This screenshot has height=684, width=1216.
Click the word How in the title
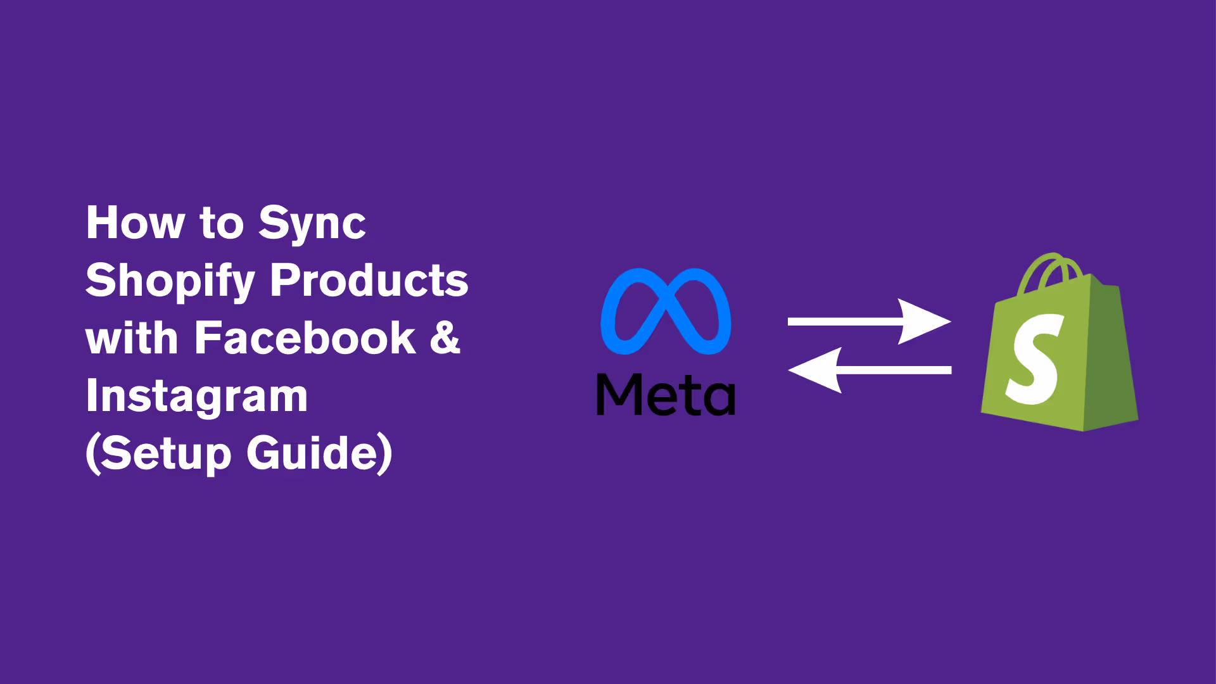(x=135, y=223)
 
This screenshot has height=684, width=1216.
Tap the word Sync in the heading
(x=312, y=224)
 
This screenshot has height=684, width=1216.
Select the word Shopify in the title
(x=170, y=281)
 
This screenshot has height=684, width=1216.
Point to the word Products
(x=369, y=280)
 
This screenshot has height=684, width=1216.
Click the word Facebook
(x=305, y=338)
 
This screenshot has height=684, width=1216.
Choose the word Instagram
(x=196, y=396)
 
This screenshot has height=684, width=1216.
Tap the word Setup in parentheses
(x=166, y=453)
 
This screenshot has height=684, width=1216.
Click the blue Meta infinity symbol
(x=666, y=311)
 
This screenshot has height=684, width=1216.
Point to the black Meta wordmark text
(x=666, y=395)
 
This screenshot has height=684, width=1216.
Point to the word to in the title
(x=221, y=224)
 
